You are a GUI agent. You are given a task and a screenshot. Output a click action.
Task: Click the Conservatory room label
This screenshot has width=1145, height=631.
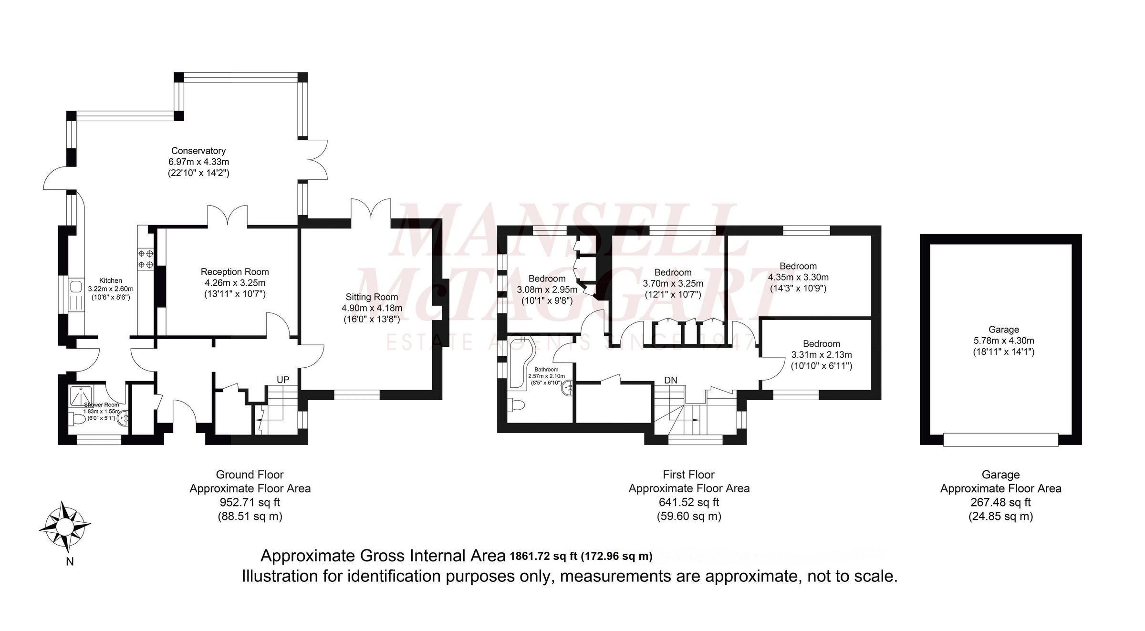(198, 151)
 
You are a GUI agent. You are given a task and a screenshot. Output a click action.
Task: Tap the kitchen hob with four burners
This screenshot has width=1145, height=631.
(146, 259)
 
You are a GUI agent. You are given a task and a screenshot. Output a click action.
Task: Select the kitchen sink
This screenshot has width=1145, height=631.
(75, 287)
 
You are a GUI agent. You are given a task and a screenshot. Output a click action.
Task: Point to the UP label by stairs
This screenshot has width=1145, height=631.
(283, 380)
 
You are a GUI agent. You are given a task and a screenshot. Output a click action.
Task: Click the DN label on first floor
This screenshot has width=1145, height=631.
(671, 380)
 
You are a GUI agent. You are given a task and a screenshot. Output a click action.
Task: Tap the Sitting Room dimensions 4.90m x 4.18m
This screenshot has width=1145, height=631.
(372, 308)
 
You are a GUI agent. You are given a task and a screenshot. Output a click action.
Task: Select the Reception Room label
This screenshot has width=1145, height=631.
(234, 271)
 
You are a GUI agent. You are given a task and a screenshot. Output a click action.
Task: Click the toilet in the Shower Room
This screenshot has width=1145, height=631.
(77, 419)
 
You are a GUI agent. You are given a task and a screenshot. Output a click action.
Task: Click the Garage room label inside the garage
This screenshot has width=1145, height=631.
(1003, 330)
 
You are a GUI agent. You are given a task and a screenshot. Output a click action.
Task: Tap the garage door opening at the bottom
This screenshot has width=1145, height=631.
(1000, 439)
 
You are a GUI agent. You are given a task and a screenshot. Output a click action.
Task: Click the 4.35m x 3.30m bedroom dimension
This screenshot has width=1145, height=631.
(798, 277)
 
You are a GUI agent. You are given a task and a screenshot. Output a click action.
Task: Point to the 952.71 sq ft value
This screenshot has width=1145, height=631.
(250, 502)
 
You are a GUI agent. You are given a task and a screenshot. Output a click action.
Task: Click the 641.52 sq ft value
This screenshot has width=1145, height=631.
(688, 502)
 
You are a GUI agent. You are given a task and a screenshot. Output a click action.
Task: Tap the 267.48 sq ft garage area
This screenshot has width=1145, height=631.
(1000, 502)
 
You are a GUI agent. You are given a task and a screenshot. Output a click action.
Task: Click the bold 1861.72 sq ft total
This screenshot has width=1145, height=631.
(543, 556)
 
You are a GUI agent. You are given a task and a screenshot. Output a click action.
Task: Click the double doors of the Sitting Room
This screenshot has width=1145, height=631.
(371, 210)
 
